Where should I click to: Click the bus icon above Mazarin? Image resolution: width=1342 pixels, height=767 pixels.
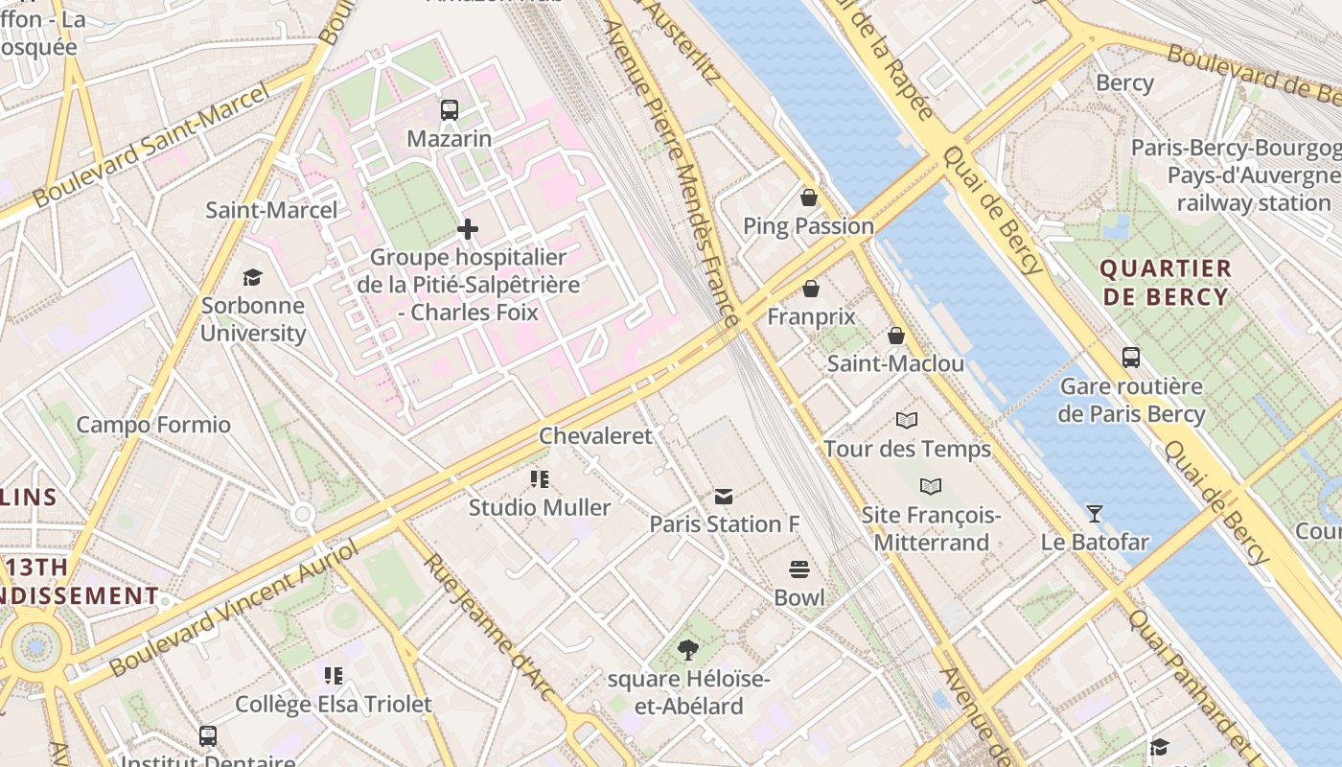tap(450, 109)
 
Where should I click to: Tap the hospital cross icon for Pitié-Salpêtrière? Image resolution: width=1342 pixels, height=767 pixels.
tap(468, 229)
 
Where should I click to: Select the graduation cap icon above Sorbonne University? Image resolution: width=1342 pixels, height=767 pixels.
tap(252, 277)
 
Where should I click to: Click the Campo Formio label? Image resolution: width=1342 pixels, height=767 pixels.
tap(153, 425)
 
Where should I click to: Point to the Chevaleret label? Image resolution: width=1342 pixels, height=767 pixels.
tap(595, 436)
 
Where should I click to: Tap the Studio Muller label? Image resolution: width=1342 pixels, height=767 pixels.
tap(539, 507)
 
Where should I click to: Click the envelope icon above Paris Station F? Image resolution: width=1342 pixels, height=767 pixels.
tap(724, 496)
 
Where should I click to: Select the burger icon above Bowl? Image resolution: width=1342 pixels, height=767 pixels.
tap(799, 569)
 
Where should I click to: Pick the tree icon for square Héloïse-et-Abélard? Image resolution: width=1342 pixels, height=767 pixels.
tap(687, 650)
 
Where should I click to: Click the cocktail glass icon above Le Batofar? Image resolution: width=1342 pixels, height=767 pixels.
tap(1094, 513)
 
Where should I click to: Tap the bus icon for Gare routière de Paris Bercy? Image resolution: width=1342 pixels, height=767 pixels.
tap(1131, 358)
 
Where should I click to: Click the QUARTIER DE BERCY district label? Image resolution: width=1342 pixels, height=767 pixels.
tap(1166, 282)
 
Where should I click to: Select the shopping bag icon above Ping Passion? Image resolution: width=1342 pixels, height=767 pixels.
tap(809, 198)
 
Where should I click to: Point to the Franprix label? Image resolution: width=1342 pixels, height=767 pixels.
tap(811, 316)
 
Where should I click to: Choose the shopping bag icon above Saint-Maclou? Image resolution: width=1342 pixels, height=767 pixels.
tap(895, 335)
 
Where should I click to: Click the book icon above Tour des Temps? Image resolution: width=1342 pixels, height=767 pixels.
tap(907, 420)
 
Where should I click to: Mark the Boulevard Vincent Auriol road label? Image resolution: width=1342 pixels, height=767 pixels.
tap(234, 606)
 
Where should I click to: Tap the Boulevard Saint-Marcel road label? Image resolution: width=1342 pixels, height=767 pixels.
tap(151, 146)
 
